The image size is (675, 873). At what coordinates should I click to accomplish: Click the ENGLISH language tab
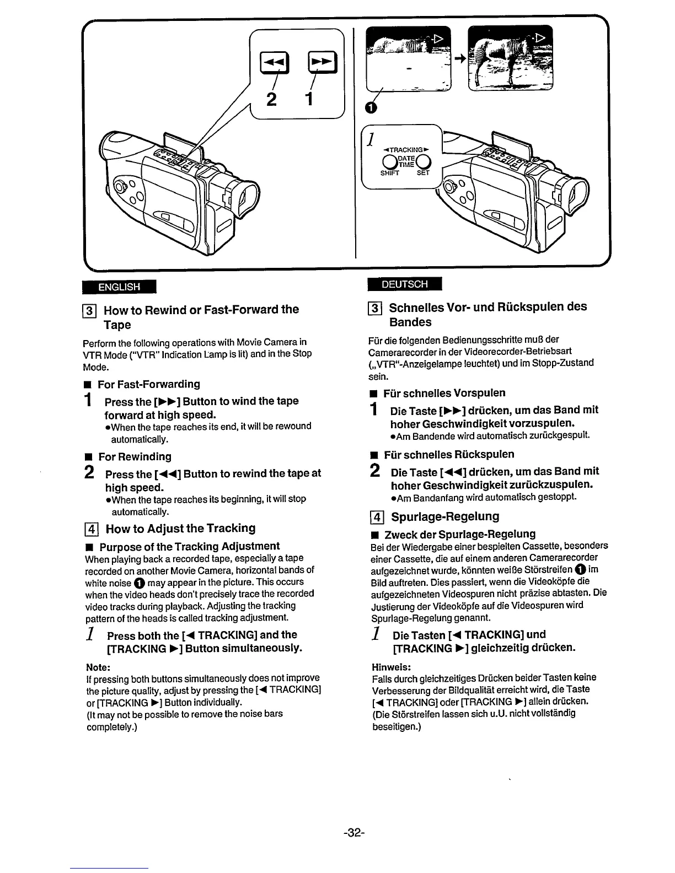click(x=119, y=287)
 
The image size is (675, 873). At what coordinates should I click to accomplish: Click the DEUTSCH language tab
click(x=405, y=284)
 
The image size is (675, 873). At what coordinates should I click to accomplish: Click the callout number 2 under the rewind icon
click(x=271, y=100)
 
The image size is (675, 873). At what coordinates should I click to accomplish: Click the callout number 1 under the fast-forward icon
click(x=309, y=100)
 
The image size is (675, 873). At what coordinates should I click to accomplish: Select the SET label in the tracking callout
click(x=423, y=173)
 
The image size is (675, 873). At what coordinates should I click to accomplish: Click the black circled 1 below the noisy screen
click(x=372, y=108)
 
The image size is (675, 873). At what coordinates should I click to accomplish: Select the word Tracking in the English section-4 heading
click(x=231, y=529)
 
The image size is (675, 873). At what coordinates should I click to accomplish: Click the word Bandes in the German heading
click(x=410, y=322)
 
